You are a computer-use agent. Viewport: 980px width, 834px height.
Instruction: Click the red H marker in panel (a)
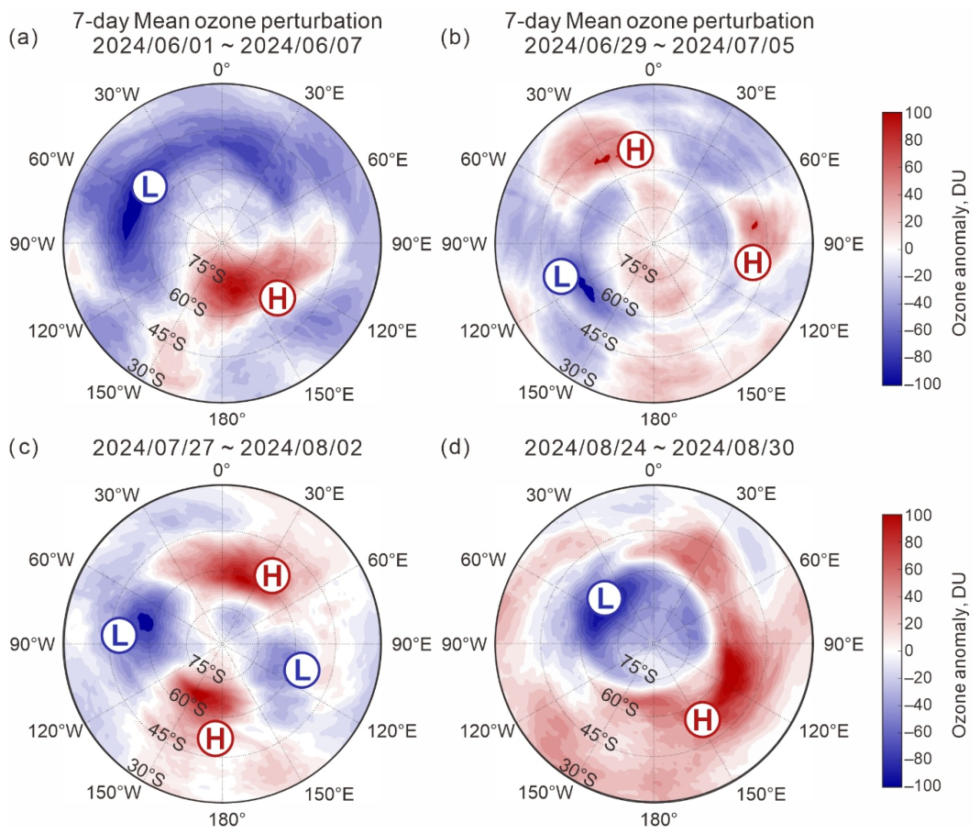(278, 298)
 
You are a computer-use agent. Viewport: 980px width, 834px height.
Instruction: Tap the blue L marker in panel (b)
(561, 276)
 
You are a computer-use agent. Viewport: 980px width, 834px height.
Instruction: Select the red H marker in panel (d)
(702, 719)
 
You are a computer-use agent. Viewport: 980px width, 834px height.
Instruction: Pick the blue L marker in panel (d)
(604, 598)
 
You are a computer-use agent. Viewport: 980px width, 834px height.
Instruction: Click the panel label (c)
(24, 447)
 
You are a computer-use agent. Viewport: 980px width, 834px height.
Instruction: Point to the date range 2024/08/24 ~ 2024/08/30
(659, 448)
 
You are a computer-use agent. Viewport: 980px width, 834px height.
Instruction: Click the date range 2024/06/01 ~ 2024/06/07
(226, 45)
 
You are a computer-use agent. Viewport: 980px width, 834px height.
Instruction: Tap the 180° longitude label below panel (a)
(226, 418)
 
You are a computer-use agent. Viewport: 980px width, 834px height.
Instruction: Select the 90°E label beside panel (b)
(843, 244)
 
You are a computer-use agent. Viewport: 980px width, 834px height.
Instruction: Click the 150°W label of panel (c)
(114, 792)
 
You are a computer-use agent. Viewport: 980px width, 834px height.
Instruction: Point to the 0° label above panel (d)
(653, 469)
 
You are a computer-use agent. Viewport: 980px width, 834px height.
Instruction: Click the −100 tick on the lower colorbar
(922, 785)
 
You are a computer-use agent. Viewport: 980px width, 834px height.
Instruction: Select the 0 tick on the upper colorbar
(908, 248)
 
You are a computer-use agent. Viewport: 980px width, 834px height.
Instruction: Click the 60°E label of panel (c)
(388, 560)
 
